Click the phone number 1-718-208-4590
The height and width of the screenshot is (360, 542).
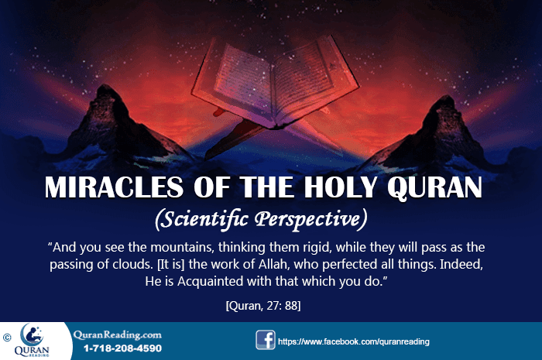(x=118, y=349)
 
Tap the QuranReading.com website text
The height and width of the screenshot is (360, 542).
(x=118, y=334)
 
